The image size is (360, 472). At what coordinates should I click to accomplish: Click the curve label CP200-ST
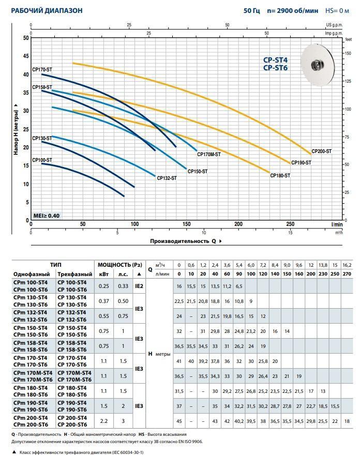(x=321, y=151)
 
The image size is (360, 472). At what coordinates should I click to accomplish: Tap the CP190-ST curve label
(x=301, y=163)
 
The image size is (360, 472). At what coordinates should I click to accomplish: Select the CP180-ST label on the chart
(x=280, y=176)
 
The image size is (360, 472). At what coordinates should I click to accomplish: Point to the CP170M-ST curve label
(x=209, y=154)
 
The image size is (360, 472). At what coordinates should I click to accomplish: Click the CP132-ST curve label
(x=167, y=178)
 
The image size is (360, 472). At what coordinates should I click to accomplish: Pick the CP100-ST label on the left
(x=42, y=160)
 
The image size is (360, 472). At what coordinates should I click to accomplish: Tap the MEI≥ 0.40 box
(x=46, y=216)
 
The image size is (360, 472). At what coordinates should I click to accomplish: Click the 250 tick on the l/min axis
(x=290, y=224)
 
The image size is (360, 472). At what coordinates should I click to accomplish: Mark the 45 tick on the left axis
(x=26, y=56)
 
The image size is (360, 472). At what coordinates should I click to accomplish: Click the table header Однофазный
(x=32, y=274)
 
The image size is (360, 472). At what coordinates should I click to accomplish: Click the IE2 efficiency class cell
(x=139, y=285)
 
